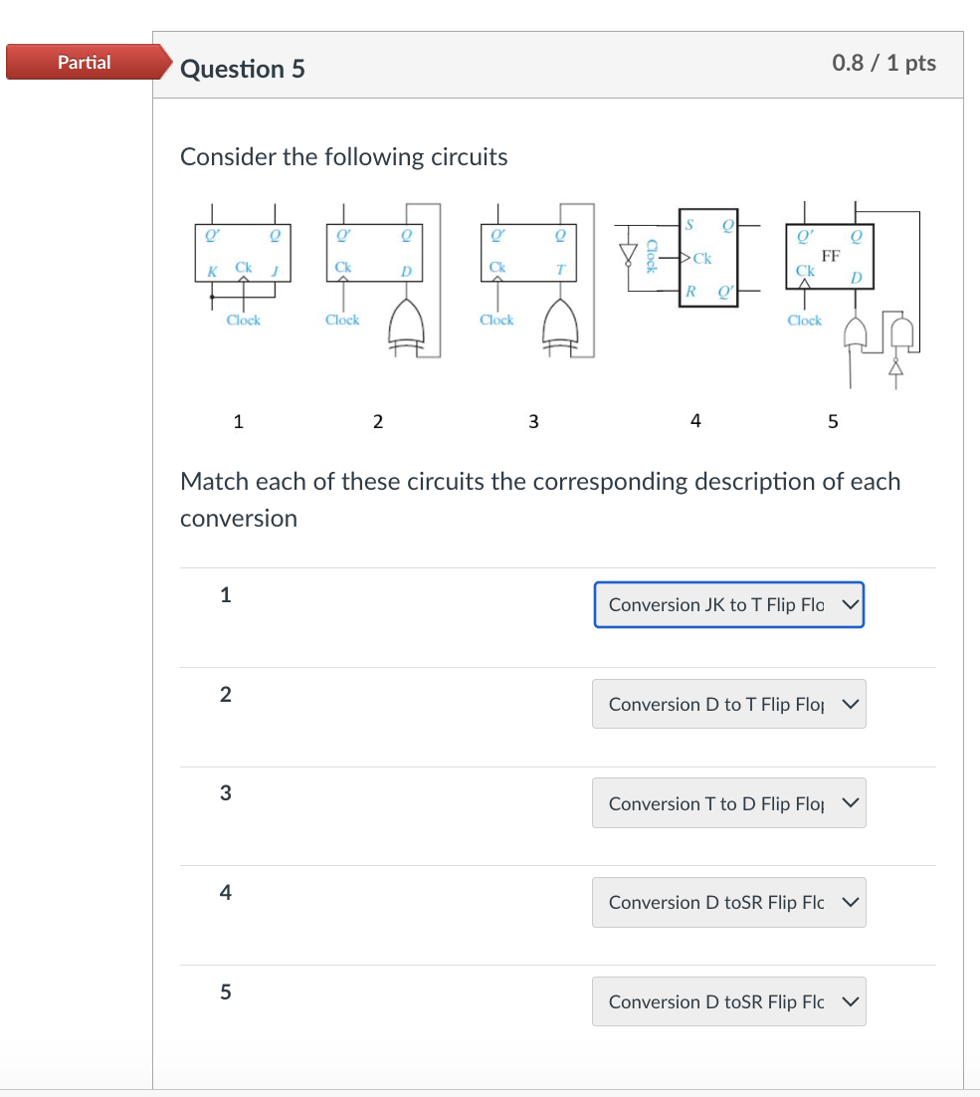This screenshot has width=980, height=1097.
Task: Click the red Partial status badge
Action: (x=85, y=63)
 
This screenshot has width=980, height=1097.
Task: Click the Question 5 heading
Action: (x=243, y=69)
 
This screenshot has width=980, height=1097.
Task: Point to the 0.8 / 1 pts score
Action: (x=883, y=63)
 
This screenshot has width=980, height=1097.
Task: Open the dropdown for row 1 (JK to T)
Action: (x=728, y=605)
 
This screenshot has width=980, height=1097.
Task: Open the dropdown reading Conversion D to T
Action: (x=728, y=704)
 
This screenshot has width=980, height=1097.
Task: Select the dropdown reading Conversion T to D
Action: (x=728, y=803)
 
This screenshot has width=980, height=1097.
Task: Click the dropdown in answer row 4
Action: (x=728, y=902)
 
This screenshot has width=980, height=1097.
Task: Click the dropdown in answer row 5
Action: (x=728, y=1001)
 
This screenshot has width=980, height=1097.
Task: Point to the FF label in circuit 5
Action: (x=831, y=255)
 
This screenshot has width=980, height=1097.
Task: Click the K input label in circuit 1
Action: (x=211, y=270)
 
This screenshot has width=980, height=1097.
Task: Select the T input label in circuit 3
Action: (x=561, y=270)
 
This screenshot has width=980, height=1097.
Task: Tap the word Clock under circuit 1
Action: (x=243, y=320)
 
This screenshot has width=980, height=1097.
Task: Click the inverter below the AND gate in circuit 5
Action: (x=895, y=369)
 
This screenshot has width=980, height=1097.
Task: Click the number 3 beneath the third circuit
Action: (x=533, y=421)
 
